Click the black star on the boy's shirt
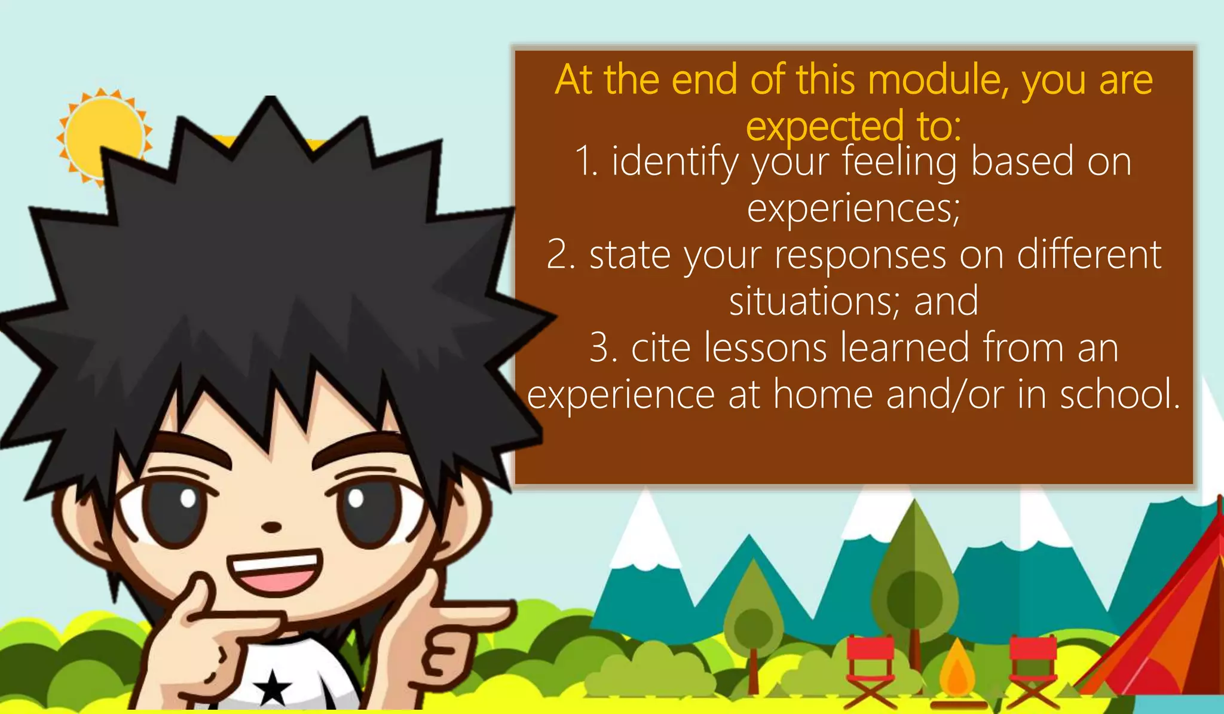[273, 687]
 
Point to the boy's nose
[272, 527]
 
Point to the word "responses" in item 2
[861, 255]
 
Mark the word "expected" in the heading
[825, 126]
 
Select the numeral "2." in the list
[561, 255]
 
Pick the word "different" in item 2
[1089, 255]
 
